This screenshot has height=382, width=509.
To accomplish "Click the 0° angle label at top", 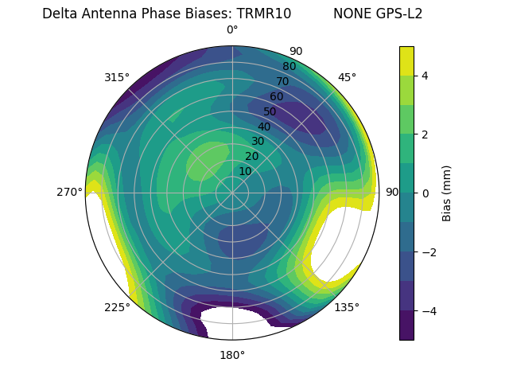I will (x=232, y=30).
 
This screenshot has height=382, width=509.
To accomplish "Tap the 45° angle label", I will (x=347, y=77).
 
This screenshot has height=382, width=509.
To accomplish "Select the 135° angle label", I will (x=347, y=307).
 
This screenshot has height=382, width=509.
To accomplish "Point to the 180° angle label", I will (x=232, y=355).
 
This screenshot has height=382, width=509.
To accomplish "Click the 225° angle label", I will (x=117, y=307).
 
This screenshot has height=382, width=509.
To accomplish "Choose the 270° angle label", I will (x=69, y=193).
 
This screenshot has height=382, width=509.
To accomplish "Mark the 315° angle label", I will (x=117, y=77).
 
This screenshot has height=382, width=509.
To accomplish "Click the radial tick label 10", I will (x=245, y=171).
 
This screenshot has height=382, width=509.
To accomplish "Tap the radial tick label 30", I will (x=258, y=142).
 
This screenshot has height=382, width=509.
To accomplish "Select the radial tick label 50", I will (x=270, y=111).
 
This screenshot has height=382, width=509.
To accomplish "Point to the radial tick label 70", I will (x=283, y=81).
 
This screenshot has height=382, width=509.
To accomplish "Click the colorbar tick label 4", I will (x=425, y=76).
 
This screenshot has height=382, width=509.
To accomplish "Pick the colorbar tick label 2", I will (x=425, y=134).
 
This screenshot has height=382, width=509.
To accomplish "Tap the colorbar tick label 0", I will (x=425, y=193).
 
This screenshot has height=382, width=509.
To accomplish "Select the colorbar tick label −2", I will (x=428, y=251).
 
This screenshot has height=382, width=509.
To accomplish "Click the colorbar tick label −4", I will (x=428, y=310).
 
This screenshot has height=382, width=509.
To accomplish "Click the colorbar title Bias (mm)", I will (x=447, y=193).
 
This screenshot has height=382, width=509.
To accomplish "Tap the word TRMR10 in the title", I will (x=264, y=14).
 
